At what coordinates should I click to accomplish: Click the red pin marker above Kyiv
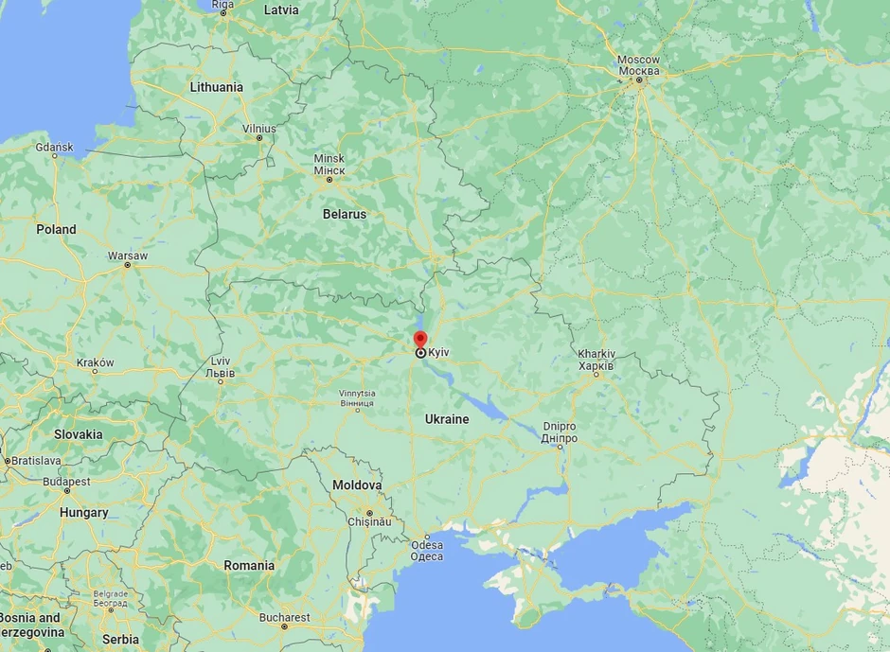420,340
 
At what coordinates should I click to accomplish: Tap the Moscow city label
639,65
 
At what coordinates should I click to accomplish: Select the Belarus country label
344,214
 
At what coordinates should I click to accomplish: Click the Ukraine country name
447,418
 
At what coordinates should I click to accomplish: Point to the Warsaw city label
128,256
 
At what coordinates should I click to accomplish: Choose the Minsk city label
329,164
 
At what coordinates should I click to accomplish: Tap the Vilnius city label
258,128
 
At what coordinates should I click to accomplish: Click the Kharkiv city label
596,360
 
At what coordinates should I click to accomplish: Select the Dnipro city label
560,432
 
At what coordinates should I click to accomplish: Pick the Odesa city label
426,550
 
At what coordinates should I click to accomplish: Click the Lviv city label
221,367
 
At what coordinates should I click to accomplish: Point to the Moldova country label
357,485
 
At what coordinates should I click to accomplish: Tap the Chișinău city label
369,521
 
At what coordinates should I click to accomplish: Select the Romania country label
249,565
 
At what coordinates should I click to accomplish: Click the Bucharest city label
282,618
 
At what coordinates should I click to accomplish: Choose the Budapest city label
65,481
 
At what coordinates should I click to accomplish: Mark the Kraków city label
95,362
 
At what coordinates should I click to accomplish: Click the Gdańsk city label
54,148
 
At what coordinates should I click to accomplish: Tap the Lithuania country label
216,87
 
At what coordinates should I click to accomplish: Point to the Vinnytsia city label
357,398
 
